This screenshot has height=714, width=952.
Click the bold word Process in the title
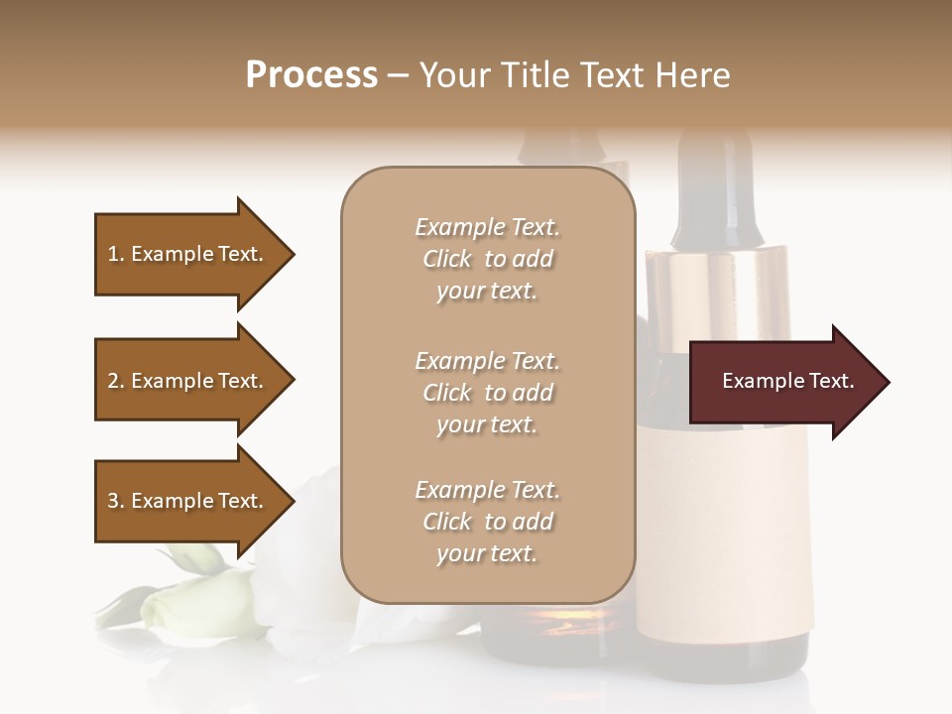point(311,75)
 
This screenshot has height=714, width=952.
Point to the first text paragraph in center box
point(487,259)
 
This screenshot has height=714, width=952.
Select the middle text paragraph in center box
point(487,393)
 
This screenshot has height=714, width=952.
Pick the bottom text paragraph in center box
point(487,522)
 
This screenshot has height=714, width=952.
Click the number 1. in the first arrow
point(116,254)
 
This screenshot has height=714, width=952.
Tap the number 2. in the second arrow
point(116,381)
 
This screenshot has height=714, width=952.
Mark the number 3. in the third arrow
point(116,501)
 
